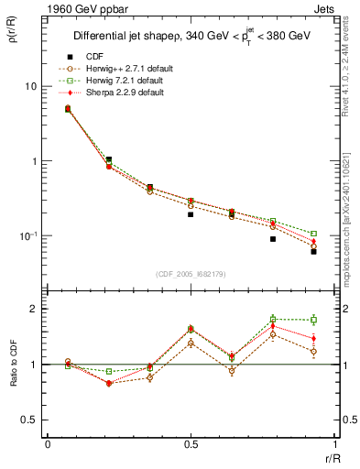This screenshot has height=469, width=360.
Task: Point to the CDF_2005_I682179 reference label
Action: pyautogui.click(x=190, y=274)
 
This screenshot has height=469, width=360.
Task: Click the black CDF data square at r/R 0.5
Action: pyautogui.click(x=191, y=214)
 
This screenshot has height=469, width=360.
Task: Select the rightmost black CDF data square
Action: pyautogui.click(x=313, y=251)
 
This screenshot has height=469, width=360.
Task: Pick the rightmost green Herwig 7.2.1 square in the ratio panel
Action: pyautogui.click(x=313, y=320)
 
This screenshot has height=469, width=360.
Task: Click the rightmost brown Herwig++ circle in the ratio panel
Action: pyautogui.click(x=313, y=351)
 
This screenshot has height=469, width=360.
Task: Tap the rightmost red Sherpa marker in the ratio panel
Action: pyautogui.click(x=313, y=338)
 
